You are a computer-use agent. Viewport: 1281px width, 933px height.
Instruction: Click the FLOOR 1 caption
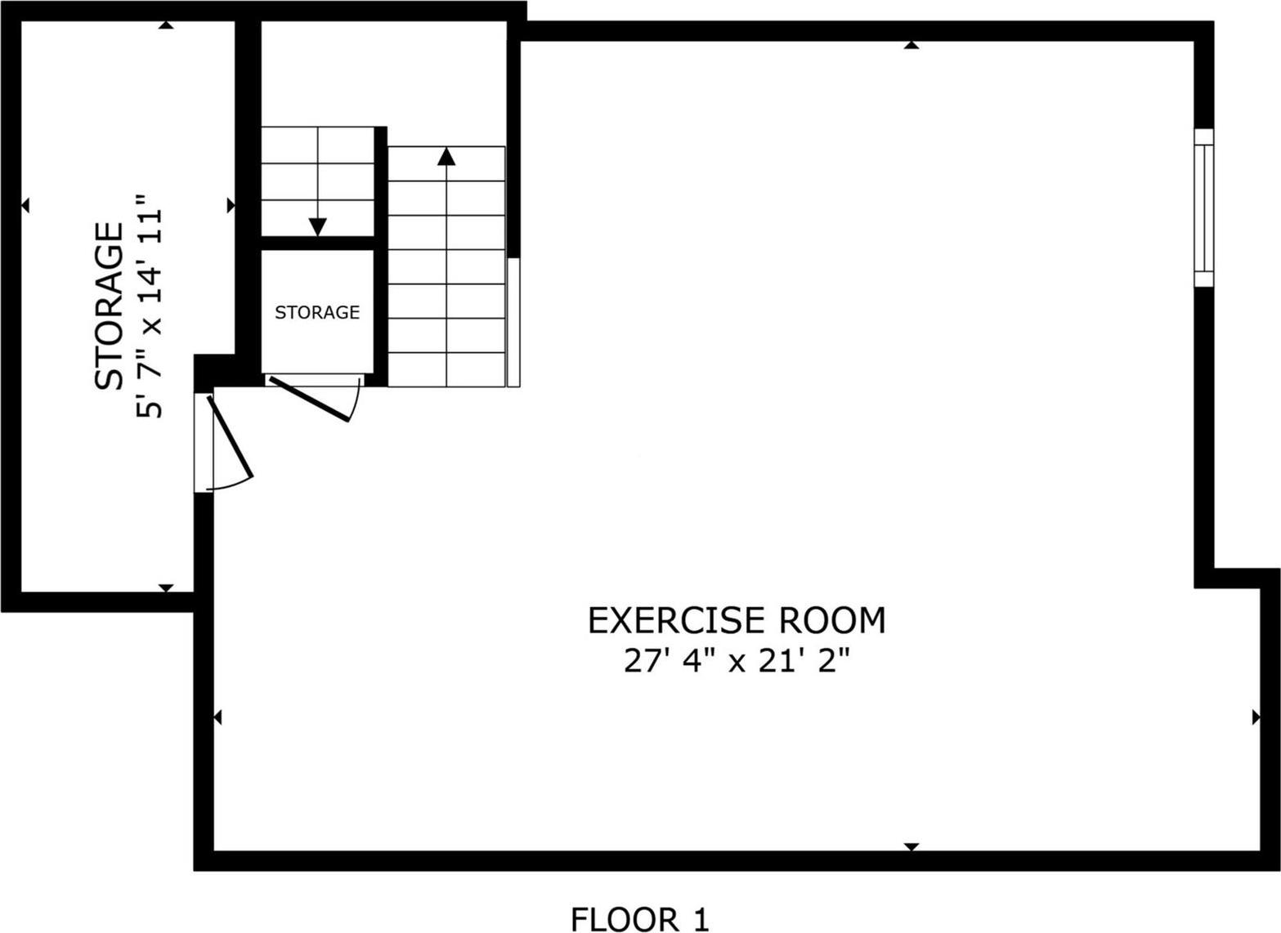639,919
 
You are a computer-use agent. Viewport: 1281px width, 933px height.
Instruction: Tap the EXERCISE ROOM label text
737,621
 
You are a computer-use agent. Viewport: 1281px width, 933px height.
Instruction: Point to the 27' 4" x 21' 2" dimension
737,661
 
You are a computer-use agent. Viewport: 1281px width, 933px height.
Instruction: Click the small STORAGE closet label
317,312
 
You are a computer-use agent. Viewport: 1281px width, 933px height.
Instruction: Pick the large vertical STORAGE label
109,306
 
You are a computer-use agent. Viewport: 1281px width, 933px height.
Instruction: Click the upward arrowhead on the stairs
446,155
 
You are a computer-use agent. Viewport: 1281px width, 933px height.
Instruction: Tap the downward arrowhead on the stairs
317,227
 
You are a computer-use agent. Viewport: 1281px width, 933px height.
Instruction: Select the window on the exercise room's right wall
1203,208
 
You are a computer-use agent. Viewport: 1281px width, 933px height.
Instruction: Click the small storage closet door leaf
310,399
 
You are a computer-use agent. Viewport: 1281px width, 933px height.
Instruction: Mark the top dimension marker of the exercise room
911,45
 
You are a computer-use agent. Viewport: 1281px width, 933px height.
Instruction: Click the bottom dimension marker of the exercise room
911,846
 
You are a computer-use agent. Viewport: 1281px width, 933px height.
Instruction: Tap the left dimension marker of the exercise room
217,717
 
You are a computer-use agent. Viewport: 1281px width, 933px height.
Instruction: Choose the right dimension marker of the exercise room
1256,717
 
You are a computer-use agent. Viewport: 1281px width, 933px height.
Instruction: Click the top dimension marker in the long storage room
166,25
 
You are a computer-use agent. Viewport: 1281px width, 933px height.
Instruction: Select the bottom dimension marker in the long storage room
166,587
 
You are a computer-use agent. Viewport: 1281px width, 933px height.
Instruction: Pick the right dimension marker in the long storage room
231,204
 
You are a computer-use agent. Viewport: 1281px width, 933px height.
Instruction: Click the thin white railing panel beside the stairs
513,322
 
